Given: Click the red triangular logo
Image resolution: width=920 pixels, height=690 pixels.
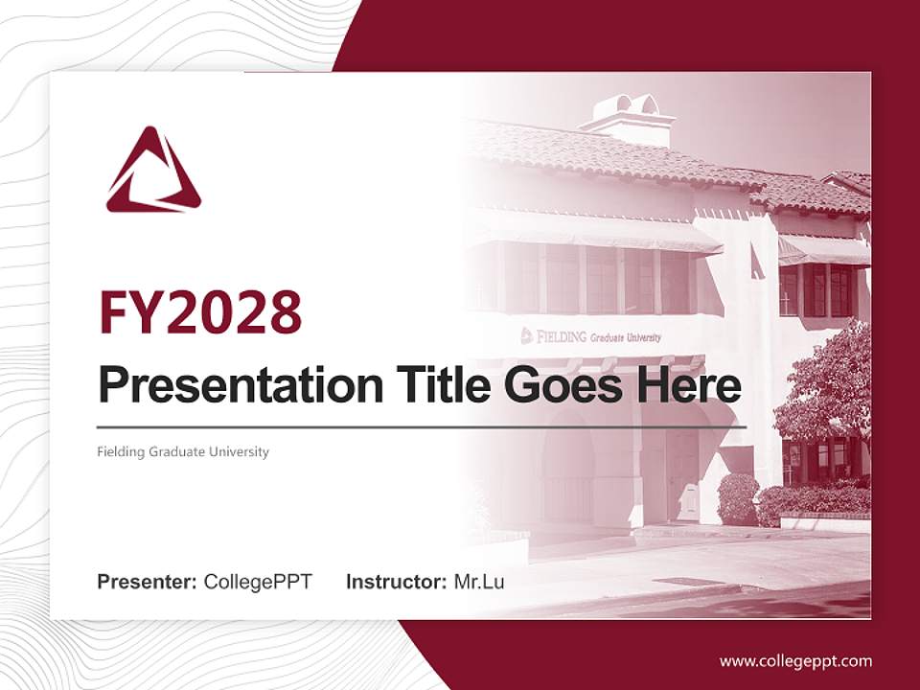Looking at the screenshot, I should (x=153, y=172).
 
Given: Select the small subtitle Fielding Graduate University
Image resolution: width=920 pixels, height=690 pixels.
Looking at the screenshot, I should (x=183, y=451).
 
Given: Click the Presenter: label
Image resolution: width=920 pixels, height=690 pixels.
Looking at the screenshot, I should (x=148, y=582).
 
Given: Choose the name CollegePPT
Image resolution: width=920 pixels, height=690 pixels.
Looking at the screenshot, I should (x=258, y=582).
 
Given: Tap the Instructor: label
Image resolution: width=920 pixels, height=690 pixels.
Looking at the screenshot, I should (x=396, y=582).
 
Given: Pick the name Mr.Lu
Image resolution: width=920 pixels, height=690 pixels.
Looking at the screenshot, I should (x=479, y=582).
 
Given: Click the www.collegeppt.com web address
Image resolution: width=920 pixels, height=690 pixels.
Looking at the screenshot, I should (x=795, y=661).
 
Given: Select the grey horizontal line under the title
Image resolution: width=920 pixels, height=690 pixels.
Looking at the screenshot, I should (x=422, y=426).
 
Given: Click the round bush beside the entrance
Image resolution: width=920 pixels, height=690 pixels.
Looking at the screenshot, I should (x=737, y=498).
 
